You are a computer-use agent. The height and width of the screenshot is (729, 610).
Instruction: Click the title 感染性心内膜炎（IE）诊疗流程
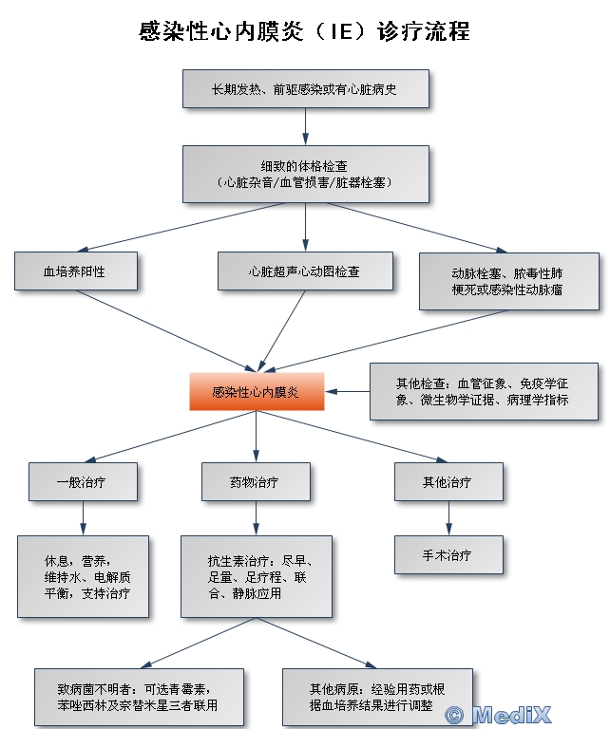point(304,31)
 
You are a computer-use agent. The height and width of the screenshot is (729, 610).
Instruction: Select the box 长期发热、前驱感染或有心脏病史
point(306,89)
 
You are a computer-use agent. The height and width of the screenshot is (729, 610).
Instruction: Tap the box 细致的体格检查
point(306,174)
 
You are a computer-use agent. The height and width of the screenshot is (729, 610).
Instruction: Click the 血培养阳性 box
point(76,271)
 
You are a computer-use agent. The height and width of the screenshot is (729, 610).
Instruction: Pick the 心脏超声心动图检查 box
point(305,271)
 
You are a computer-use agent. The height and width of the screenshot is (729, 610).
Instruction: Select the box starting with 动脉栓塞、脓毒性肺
point(509,281)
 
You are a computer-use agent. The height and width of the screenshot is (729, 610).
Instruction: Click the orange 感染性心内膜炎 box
point(257,391)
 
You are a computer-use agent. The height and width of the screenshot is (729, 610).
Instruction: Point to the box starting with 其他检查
point(484,391)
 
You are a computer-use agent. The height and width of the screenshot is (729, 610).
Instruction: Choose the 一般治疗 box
point(83,481)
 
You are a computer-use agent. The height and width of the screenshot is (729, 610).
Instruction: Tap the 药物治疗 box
point(256,481)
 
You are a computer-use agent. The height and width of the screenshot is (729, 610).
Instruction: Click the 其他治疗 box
point(448,481)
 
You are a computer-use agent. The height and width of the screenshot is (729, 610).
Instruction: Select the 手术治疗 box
point(448,554)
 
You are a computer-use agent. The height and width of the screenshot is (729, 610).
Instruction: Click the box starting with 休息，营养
point(83,576)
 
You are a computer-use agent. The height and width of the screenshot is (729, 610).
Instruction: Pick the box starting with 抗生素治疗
point(257,576)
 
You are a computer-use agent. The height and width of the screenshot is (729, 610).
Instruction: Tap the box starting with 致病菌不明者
point(139,697)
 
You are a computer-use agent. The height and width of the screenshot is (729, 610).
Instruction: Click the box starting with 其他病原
point(377,697)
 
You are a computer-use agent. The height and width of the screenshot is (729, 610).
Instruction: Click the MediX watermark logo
point(497,715)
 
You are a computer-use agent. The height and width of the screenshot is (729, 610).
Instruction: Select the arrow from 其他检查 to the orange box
point(347,391)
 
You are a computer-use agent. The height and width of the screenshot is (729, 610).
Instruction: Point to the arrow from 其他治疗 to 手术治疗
point(448,518)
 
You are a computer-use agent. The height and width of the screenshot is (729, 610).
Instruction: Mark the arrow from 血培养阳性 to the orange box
point(166,331)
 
